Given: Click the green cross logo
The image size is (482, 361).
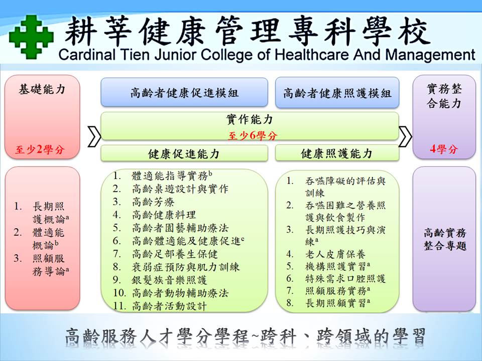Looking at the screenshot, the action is tap(31, 37).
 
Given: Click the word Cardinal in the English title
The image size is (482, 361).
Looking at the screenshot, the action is tap(87, 55).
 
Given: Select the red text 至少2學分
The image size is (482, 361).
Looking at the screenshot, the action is tap(40, 149).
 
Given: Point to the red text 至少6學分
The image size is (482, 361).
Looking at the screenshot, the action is tap(253, 135).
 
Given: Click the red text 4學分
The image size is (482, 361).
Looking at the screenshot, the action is tap(444, 149).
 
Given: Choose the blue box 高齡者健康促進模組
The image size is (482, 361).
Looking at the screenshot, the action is tap(184, 92).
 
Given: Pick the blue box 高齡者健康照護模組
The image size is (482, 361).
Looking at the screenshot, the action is tap(337, 93).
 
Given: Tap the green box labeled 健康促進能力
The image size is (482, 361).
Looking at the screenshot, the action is tap(184, 153).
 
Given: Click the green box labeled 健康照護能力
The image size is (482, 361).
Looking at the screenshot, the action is tap(337, 153).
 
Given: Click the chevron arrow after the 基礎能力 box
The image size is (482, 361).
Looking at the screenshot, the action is tap(94, 135).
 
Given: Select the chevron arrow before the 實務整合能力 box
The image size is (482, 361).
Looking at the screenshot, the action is tap(405, 135).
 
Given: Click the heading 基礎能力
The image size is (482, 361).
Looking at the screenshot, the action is tap(42, 89).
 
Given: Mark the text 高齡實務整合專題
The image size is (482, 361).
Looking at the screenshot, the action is tap(444, 239).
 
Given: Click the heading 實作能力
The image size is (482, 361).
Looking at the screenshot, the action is tap(250, 119).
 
